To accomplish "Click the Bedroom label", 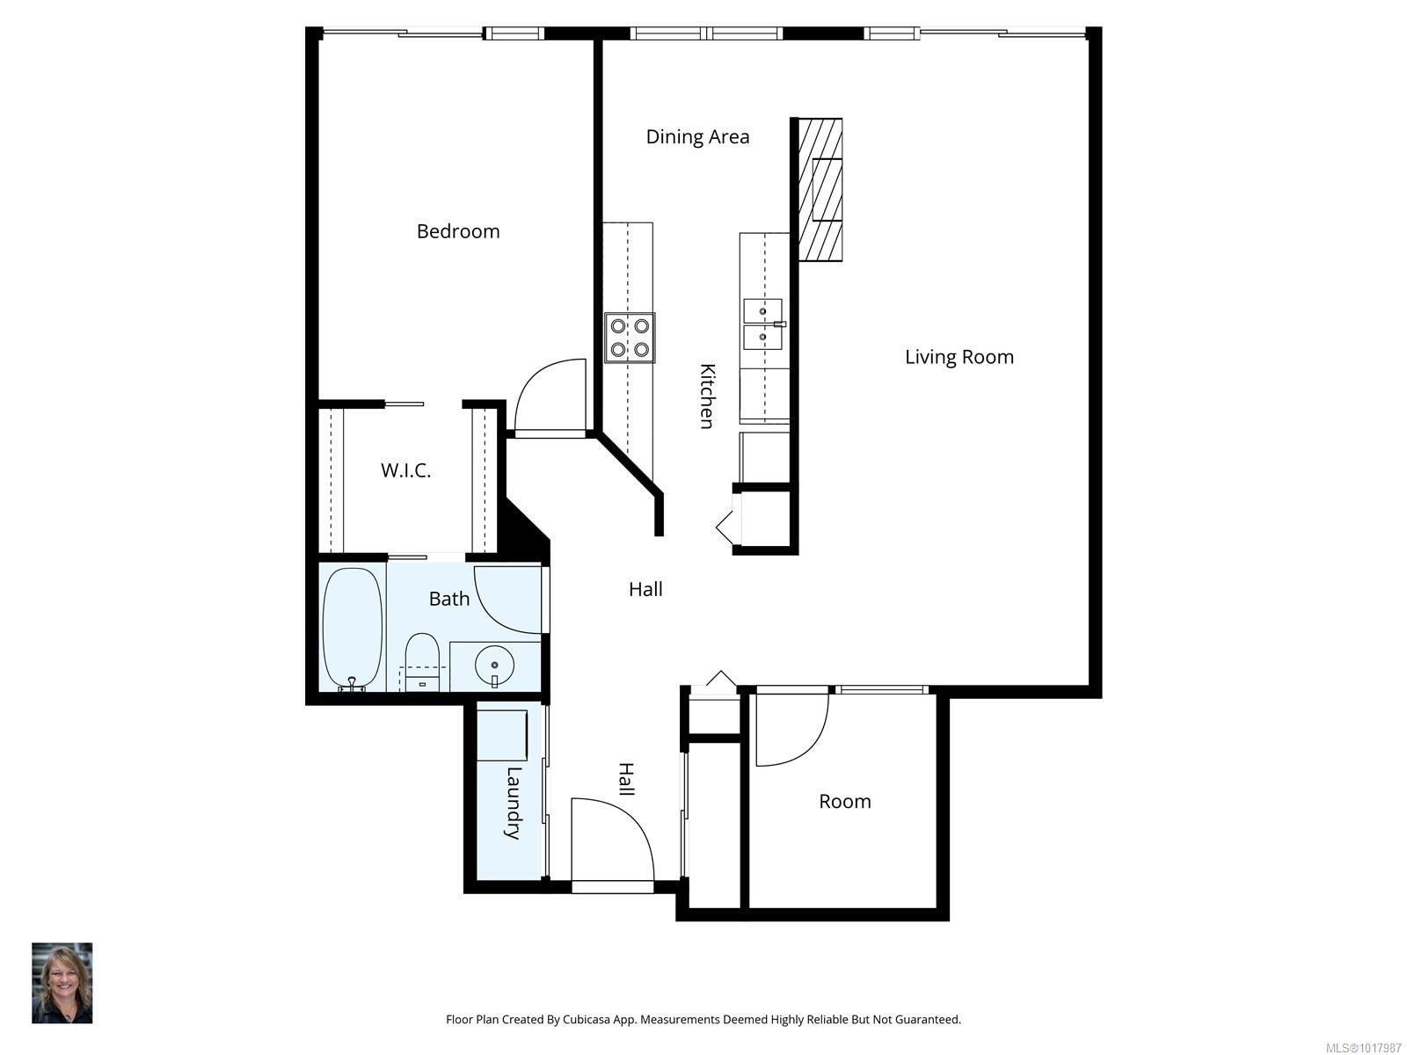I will click(457, 231).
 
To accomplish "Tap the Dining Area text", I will click(697, 136).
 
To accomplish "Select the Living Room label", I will click(959, 357).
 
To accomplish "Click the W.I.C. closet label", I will click(405, 470).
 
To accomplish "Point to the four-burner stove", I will click(630, 338).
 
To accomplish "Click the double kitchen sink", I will click(763, 324).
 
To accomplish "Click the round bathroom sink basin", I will click(494, 666).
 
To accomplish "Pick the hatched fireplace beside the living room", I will click(820, 189).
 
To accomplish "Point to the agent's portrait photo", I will click(62, 983).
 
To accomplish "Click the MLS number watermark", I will click(1363, 1048).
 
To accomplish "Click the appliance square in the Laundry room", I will click(501, 735).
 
